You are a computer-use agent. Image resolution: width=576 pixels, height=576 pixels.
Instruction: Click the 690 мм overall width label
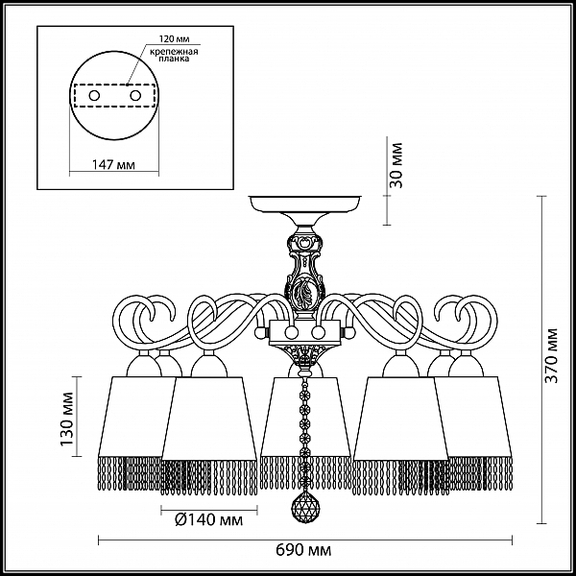click(303, 550)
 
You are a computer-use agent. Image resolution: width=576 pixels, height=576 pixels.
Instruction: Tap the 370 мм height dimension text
click(551, 355)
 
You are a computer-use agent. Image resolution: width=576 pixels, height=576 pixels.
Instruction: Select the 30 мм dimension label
click(396, 165)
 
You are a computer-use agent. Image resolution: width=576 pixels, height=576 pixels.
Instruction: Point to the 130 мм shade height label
click(67, 420)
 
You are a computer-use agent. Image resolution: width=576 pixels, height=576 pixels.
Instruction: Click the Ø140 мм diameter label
click(209, 519)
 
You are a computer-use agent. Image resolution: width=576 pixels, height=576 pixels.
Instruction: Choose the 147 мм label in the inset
click(113, 165)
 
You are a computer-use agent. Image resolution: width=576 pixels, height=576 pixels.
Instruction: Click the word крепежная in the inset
click(174, 51)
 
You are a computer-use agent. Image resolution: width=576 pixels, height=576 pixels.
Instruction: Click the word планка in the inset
click(174, 59)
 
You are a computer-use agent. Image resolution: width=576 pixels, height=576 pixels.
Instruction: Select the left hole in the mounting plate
click(94, 96)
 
